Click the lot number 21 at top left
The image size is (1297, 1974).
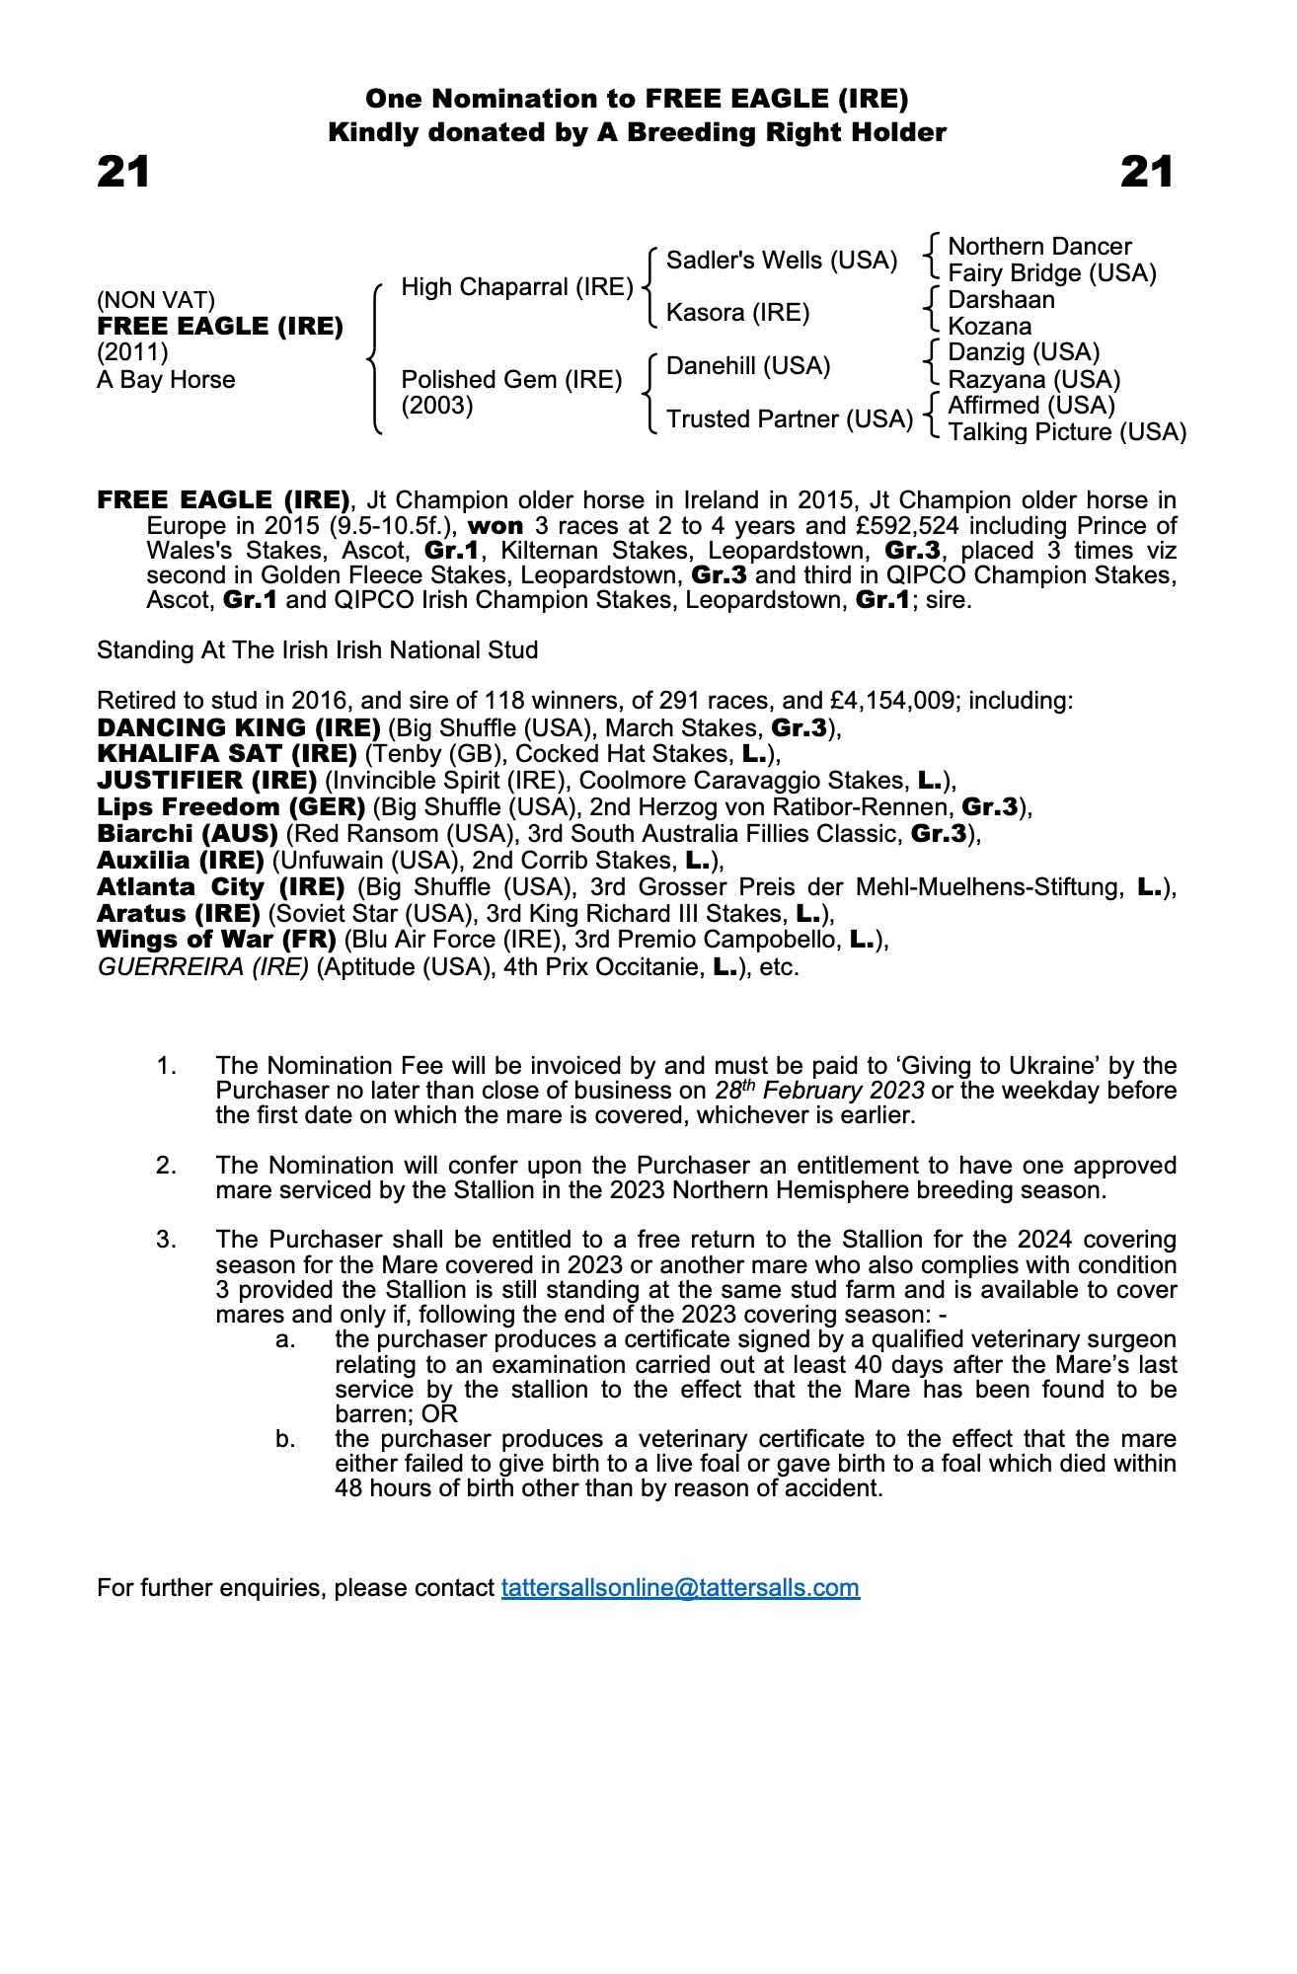(x=123, y=173)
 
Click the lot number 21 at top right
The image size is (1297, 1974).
(x=1147, y=173)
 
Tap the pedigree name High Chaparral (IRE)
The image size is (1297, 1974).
(x=516, y=287)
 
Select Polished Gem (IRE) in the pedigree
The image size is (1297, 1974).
(x=511, y=380)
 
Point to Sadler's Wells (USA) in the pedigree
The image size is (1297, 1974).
(x=782, y=261)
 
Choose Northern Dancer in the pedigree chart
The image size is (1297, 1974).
(x=1038, y=247)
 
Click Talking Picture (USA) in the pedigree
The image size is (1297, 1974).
(x=1066, y=432)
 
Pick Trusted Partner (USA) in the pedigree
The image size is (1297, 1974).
(x=789, y=419)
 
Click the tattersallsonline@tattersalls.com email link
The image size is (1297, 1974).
(x=680, y=1588)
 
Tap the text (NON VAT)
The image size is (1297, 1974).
(x=156, y=300)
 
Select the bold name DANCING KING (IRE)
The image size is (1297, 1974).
(x=239, y=728)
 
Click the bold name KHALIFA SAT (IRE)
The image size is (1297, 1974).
(x=227, y=754)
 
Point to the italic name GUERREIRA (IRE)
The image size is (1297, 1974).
(x=203, y=967)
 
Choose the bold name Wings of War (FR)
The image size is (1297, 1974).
(x=217, y=940)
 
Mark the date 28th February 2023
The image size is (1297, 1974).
(x=819, y=1091)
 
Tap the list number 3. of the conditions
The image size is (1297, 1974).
(x=166, y=1240)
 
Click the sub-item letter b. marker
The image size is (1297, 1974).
(x=285, y=1439)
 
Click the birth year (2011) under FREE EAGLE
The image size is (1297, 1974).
(x=132, y=353)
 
